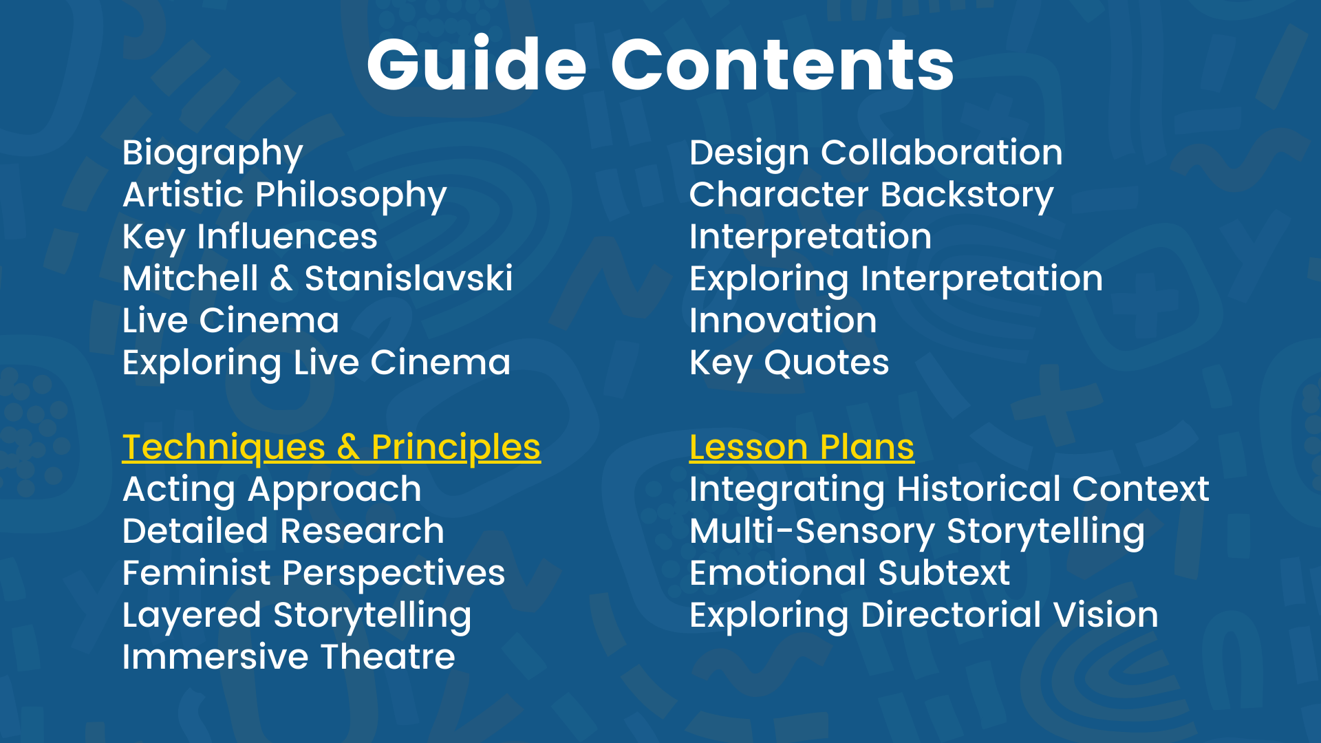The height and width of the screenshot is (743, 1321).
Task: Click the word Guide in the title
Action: coord(476,65)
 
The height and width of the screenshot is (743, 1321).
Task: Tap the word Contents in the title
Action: coord(782,65)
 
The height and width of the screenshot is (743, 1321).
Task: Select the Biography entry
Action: coord(213,153)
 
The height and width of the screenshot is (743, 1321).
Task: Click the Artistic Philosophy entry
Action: coord(284,195)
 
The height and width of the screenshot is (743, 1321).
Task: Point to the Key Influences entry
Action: coord(250,237)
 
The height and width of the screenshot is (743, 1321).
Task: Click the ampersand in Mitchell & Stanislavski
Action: coord(281,279)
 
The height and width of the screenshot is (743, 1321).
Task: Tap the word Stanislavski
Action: coord(409,279)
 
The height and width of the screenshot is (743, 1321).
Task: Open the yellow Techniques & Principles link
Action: coord(331,447)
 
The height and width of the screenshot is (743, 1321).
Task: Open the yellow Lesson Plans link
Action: coord(802,447)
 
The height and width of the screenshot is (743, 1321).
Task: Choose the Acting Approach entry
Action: coord(272,489)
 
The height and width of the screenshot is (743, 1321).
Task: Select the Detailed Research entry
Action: coord(283,531)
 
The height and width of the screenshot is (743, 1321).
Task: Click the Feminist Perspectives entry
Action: coord(313,573)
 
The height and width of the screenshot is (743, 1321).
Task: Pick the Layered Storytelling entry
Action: coord(297,615)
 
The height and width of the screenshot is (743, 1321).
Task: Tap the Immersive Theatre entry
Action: coord(288,657)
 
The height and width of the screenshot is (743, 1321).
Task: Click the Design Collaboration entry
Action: coord(876,153)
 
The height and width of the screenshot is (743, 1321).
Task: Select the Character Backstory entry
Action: coord(871,195)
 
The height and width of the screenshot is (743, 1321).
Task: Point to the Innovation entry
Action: coord(783,321)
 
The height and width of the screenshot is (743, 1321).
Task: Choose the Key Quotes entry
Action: coord(789,363)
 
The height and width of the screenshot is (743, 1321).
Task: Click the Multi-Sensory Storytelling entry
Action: coord(917,531)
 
